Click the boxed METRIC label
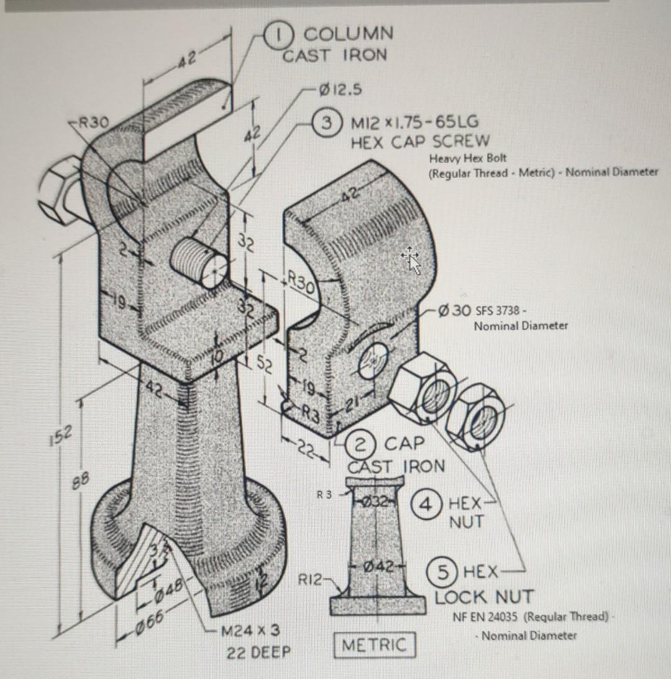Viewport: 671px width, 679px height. pyautogui.click(x=373, y=644)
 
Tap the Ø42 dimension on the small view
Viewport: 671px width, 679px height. pyautogui.click(x=379, y=566)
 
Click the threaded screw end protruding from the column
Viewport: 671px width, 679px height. pyautogui.click(x=198, y=261)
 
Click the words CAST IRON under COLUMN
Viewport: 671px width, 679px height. pyautogui.click(x=334, y=55)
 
